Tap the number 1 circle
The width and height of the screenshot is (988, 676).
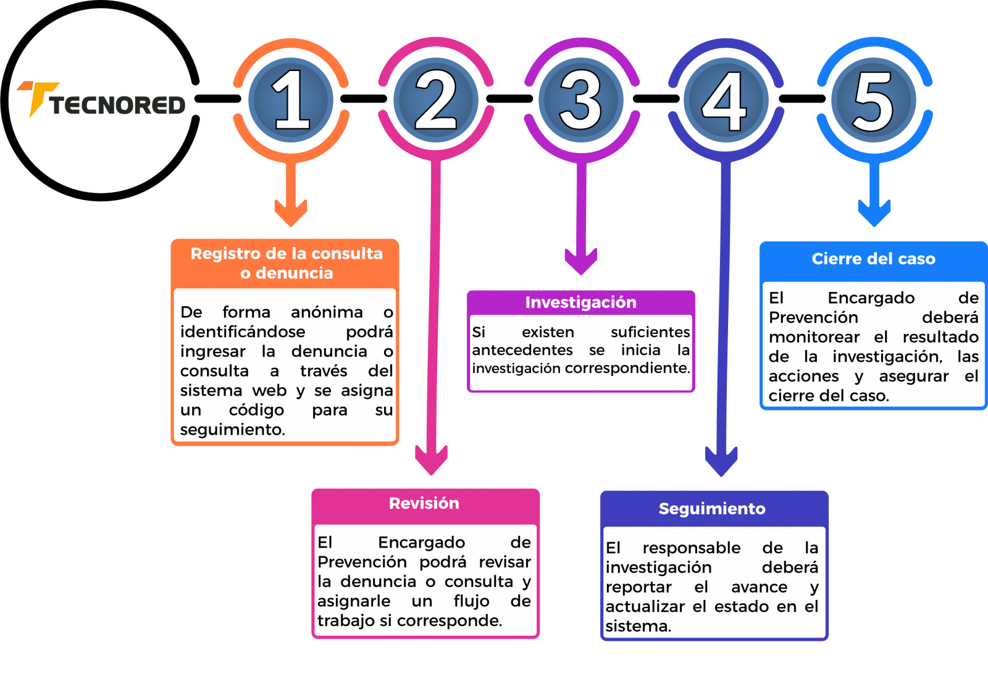(291, 100)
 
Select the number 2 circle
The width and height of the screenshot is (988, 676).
(436, 100)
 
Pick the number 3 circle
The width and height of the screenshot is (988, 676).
(581, 100)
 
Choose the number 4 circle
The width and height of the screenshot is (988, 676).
(726, 100)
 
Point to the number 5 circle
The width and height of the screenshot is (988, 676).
(873, 100)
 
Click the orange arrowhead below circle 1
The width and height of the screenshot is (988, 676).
(291, 213)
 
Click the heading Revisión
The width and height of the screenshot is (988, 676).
(424, 503)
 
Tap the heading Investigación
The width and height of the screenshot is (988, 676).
(580, 302)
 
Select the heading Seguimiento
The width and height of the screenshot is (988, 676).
(712, 509)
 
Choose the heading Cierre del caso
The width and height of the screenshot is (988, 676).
(873, 259)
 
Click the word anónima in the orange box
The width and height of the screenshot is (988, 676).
(327, 312)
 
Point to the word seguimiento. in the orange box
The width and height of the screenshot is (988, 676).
(232, 430)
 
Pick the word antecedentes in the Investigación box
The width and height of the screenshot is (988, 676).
(522, 350)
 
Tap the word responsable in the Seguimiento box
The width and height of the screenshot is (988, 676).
(691, 548)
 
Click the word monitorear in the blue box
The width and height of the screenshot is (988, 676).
(814, 337)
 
